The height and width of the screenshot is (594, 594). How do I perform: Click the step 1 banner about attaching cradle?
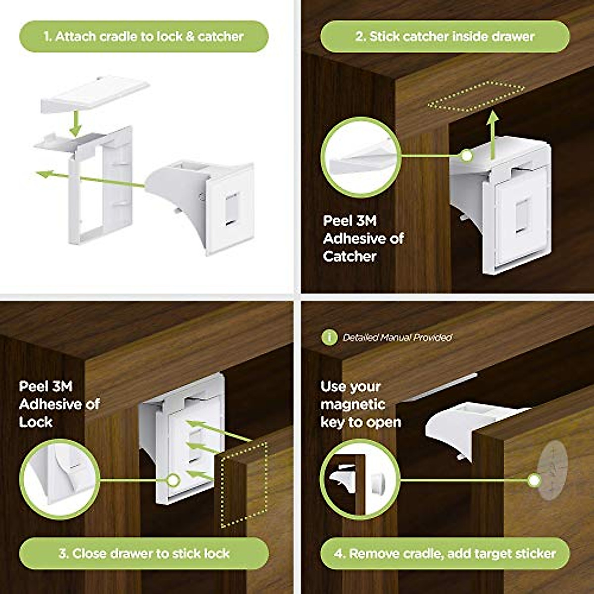(x=144, y=36)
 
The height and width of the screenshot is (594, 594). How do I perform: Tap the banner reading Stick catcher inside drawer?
(x=445, y=36)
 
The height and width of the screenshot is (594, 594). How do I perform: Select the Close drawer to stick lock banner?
(x=144, y=553)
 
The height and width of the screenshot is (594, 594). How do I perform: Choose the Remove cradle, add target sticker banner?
(x=445, y=553)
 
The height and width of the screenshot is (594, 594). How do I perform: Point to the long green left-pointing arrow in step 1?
(x=89, y=179)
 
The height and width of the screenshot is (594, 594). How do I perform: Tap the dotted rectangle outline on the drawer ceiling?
(x=475, y=97)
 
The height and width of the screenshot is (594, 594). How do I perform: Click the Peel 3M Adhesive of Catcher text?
(x=363, y=239)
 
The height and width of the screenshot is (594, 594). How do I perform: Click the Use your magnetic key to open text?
(x=360, y=404)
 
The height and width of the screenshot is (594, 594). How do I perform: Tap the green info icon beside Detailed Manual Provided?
(x=329, y=337)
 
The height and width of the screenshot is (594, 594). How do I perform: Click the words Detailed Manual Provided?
(x=397, y=338)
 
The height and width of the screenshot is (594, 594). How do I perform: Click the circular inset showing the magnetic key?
(x=360, y=480)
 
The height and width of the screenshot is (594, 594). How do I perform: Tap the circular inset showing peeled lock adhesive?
(x=59, y=479)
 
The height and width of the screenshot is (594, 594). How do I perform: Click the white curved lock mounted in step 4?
(x=465, y=426)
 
